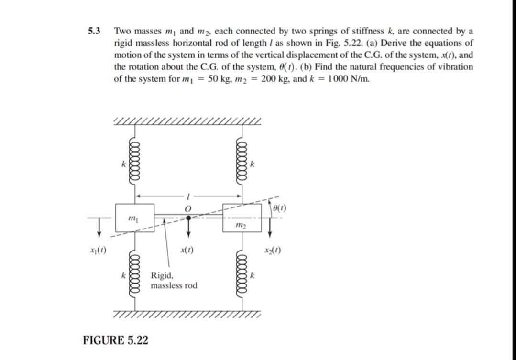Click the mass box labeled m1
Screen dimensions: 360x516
point(135,218)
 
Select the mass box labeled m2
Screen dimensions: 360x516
point(242,218)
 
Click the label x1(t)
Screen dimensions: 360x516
point(98,250)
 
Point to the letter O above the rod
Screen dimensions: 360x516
point(188,208)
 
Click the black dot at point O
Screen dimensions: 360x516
point(188,218)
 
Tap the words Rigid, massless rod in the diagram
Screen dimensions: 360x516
point(173,281)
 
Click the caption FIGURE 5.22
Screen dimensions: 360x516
point(115,340)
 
